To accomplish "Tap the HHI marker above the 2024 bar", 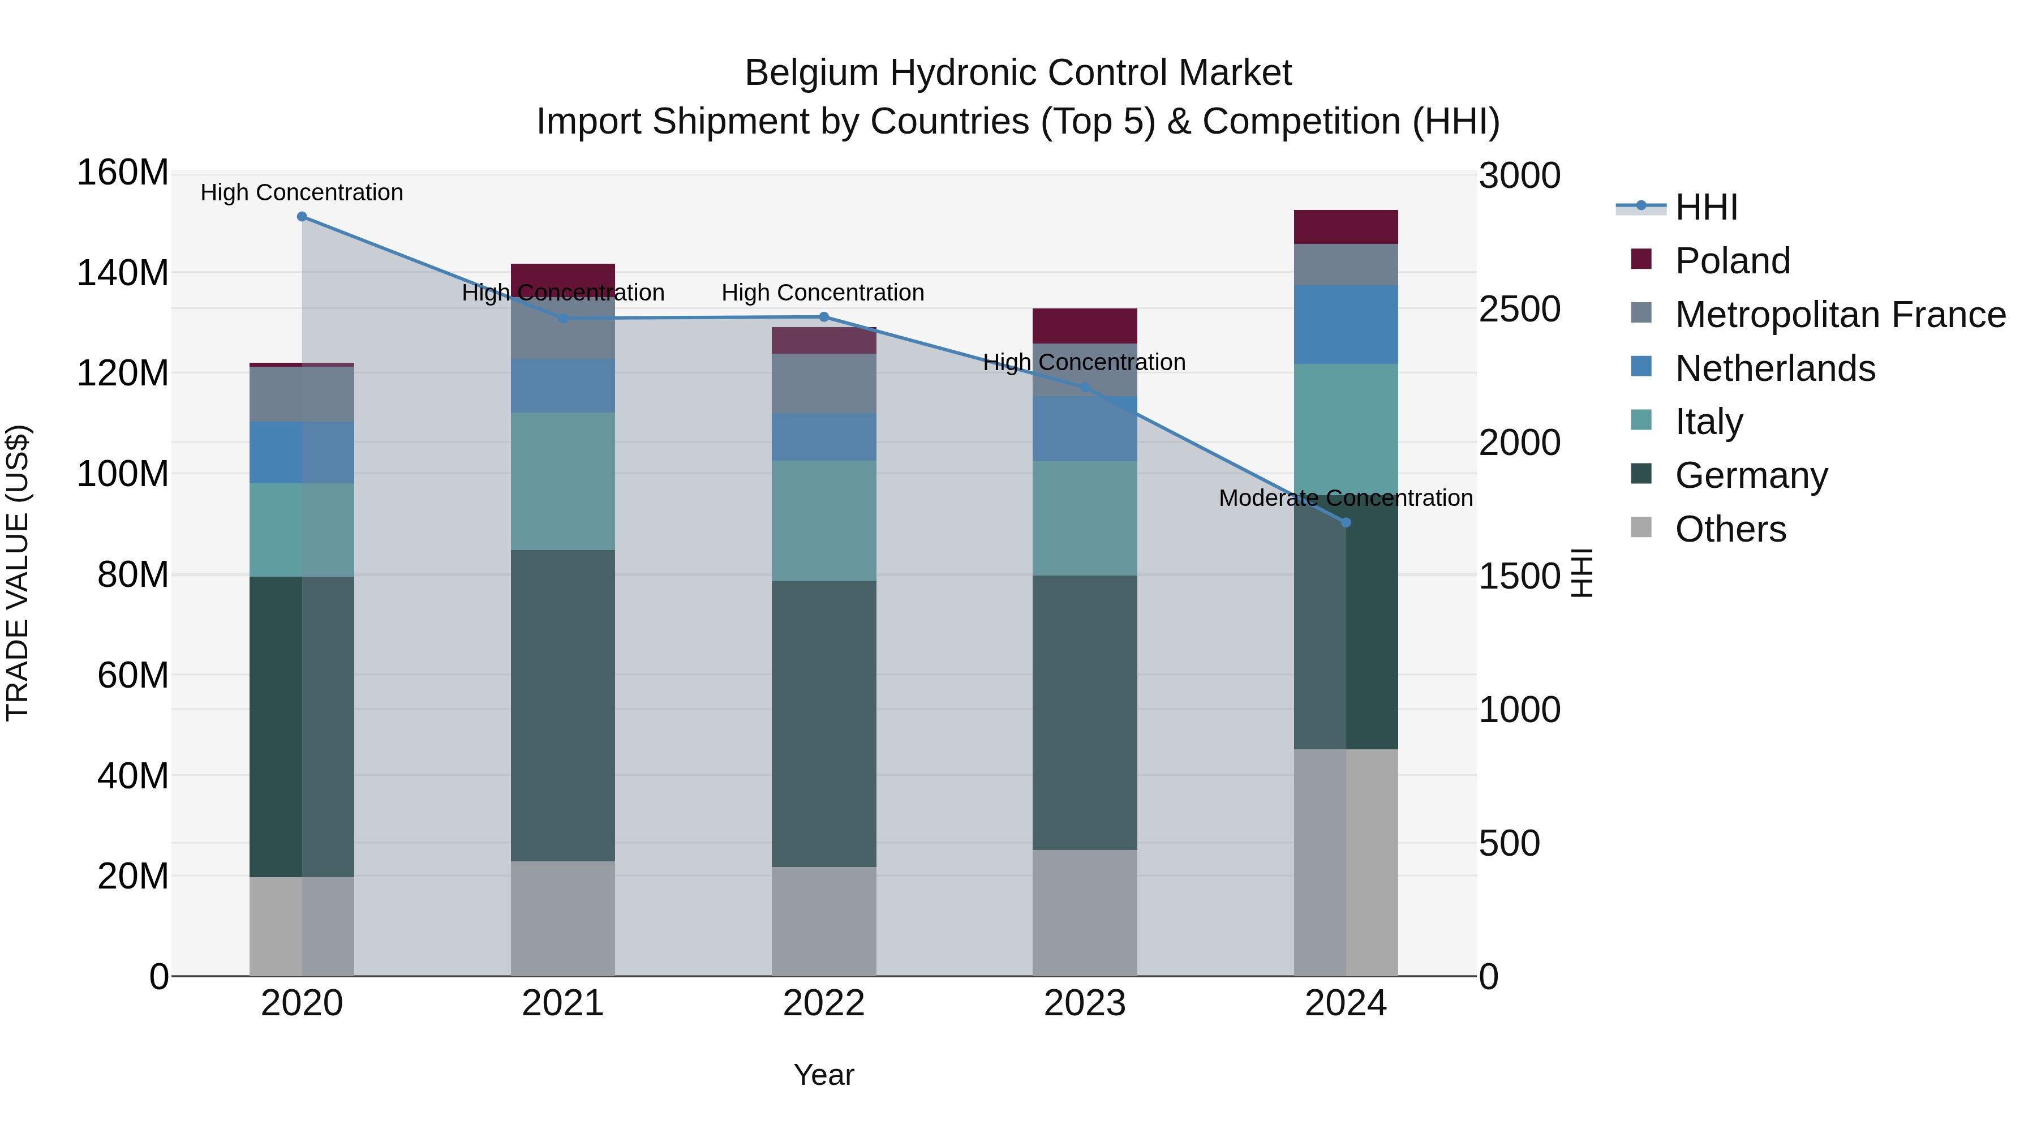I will point(1346,523).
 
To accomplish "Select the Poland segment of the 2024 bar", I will point(1346,227).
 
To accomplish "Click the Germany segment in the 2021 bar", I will point(562,706).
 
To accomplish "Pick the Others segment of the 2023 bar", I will point(1084,913).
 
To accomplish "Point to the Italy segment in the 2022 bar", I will point(823,521).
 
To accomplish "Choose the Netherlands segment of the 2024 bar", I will point(1346,325).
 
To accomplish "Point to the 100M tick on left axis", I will point(123,474).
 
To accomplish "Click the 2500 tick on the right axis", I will point(1519,309).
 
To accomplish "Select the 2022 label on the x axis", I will point(823,1003).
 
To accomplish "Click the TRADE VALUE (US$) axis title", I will point(18,573).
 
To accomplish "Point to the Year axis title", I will point(823,1075).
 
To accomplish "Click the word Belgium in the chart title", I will point(811,74).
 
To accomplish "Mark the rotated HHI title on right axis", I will point(1581,573).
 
